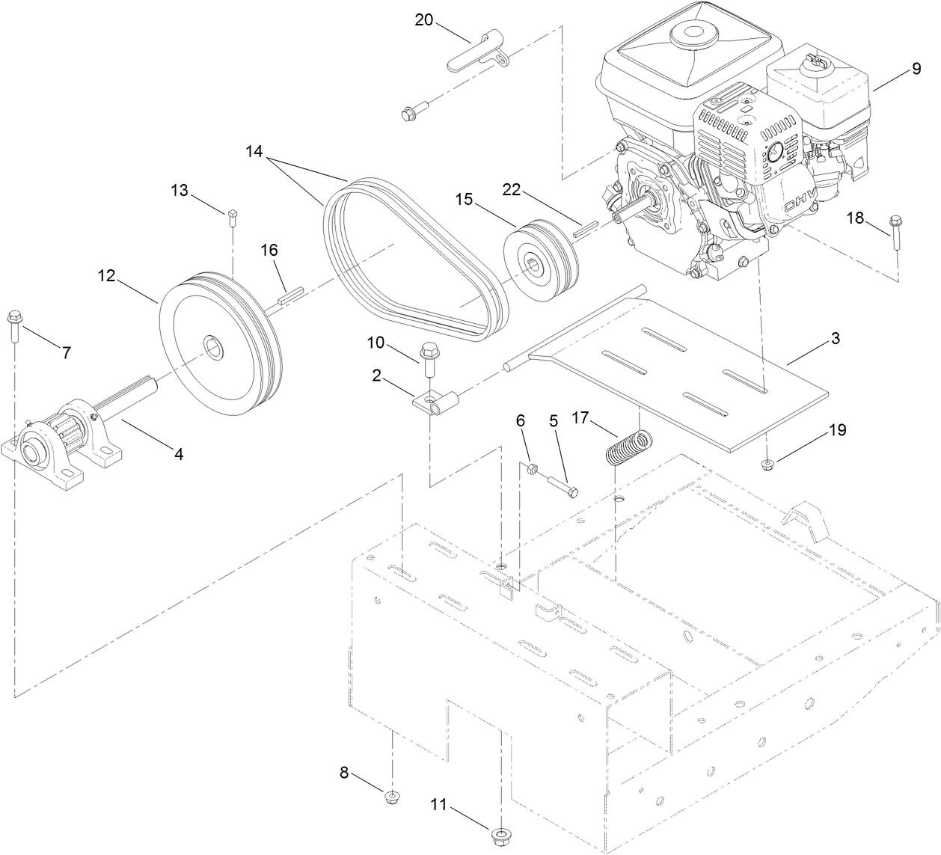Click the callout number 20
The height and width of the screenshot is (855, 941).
pyautogui.click(x=424, y=20)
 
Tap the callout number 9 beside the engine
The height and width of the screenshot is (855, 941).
pyautogui.click(x=916, y=69)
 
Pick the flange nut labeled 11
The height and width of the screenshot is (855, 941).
pyautogui.click(x=500, y=833)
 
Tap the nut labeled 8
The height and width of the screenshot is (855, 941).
pyautogui.click(x=390, y=797)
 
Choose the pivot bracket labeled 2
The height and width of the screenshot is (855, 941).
pyautogui.click(x=436, y=404)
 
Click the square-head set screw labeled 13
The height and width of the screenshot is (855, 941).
pyautogui.click(x=232, y=215)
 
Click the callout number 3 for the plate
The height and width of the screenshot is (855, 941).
pyautogui.click(x=835, y=339)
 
